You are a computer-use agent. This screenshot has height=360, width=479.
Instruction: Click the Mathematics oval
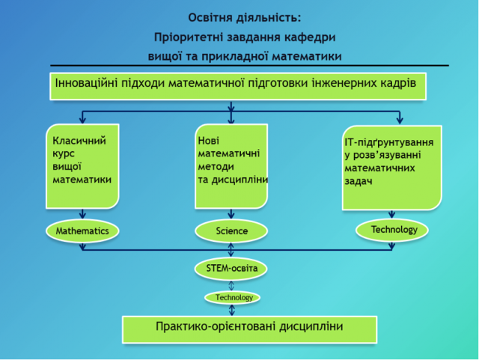click(x=82, y=231)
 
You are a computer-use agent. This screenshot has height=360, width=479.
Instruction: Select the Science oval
click(x=231, y=231)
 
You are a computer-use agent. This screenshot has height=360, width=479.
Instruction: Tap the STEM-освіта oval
click(x=231, y=267)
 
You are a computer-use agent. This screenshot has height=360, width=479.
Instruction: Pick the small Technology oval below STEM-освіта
click(x=234, y=297)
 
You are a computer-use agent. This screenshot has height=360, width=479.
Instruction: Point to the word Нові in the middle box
click(x=210, y=140)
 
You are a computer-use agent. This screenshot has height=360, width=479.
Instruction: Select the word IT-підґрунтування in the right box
click(x=389, y=142)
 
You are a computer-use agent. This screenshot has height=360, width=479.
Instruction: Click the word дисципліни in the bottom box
click(x=308, y=326)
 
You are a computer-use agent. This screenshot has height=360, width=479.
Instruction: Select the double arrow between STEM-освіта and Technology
click(x=231, y=284)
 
